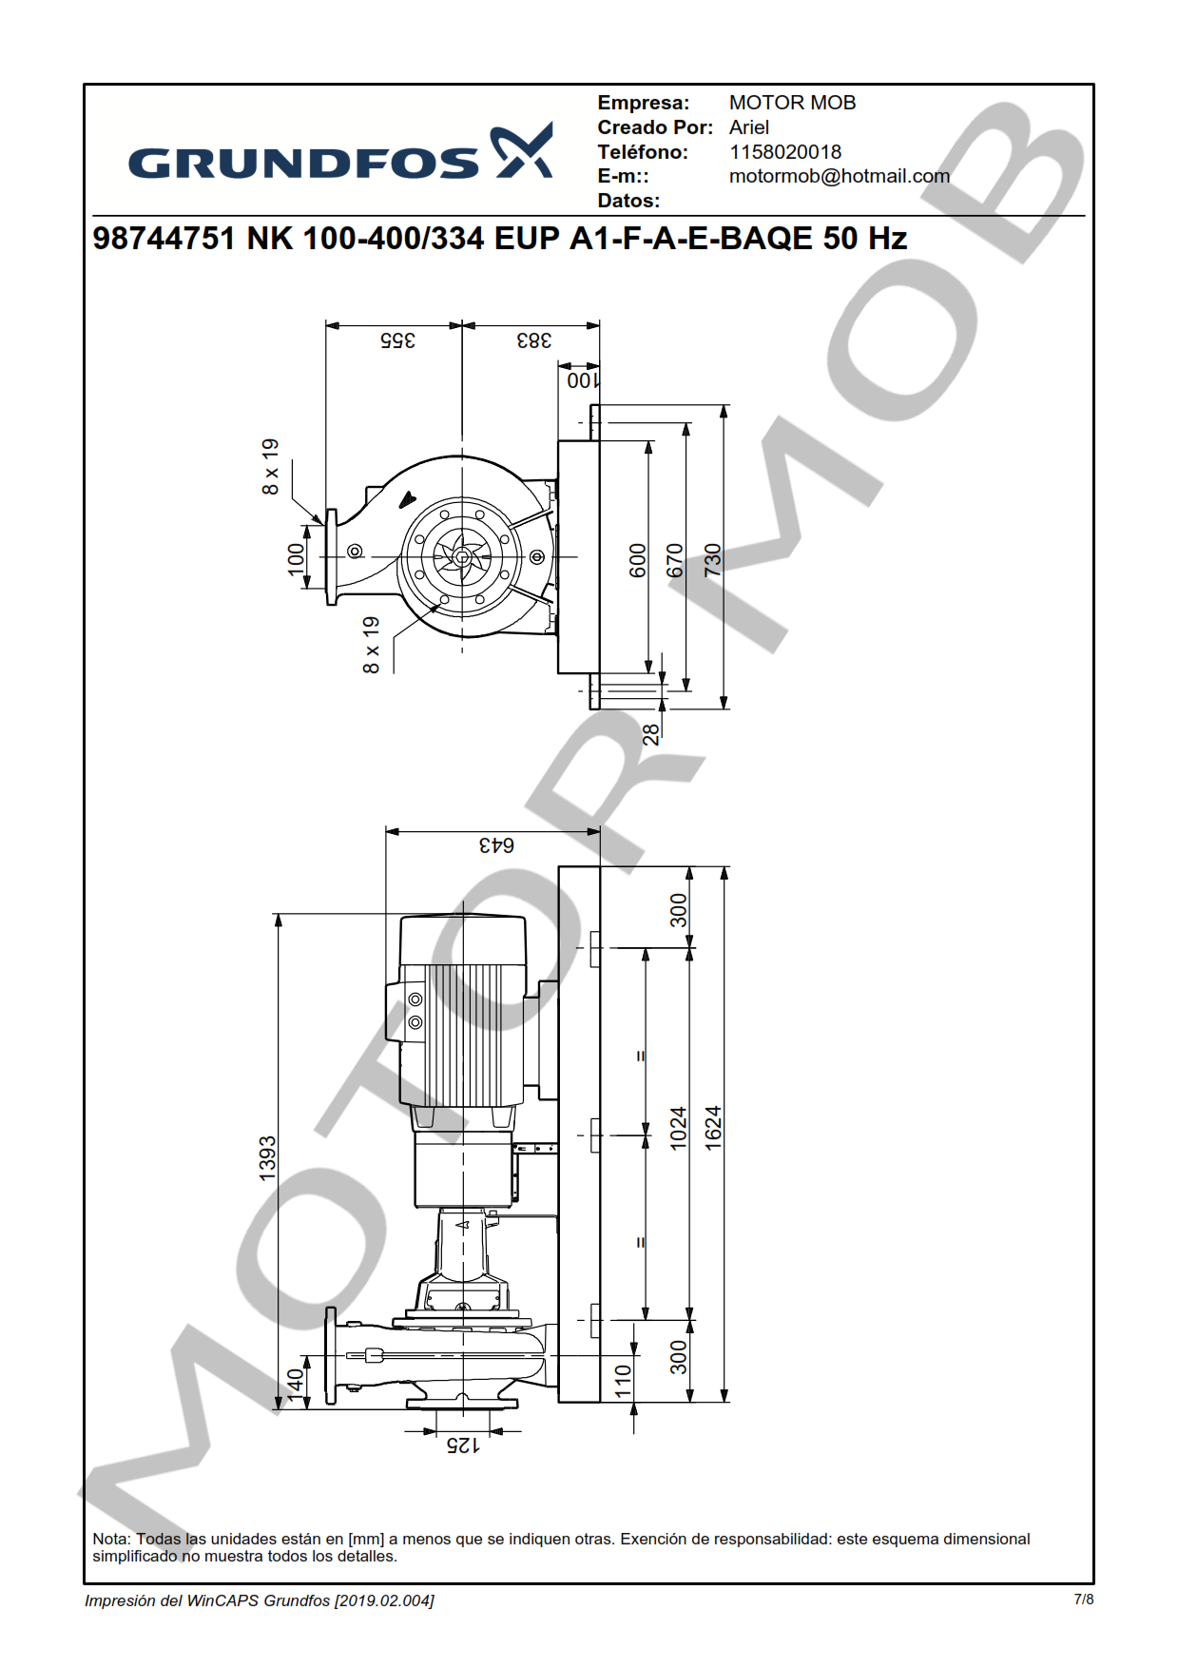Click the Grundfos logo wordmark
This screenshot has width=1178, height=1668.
click(340, 152)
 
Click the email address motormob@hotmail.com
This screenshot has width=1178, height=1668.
click(840, 176)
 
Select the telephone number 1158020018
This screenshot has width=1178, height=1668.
click(785, 152)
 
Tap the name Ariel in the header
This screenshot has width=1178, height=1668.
click(749, 127)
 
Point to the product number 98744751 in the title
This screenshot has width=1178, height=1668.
click(164, 238)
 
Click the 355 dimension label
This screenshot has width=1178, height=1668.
click(397, 340)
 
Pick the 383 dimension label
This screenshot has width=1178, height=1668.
click(534, 340)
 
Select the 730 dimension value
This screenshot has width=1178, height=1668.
click(713, 560)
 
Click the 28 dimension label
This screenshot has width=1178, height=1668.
click(650, 734)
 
